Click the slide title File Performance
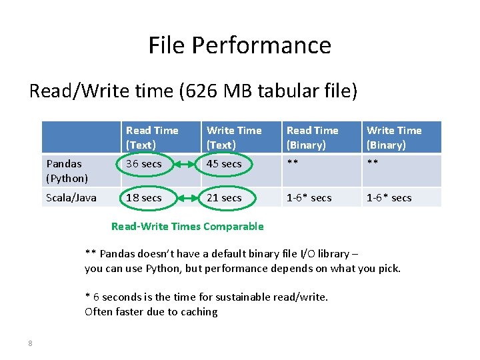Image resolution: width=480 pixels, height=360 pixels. tap(239, 45)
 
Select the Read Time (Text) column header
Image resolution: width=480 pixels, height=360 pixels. tap(152, 137)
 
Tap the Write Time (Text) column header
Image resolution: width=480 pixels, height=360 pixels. tap(234, 137)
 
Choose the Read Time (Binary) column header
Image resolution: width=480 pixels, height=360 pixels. tap(313, 137)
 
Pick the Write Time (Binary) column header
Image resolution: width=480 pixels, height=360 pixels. tap(394, 137)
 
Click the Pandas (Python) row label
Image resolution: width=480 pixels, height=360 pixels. tap(67, 171)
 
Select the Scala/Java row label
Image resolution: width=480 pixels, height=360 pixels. tap(71, 197)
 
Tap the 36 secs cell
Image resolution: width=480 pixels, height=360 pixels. tap(143, 164)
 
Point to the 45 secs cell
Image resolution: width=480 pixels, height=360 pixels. tap(224, 164)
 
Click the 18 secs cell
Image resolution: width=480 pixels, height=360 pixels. tap(143, 198)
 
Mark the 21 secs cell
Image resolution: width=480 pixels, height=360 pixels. tap(224, 198)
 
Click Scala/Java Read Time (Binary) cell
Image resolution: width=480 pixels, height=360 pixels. tap(309, 198)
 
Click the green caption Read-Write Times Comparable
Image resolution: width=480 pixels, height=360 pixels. tap(187, 226)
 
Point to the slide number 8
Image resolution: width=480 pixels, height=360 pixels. tap(30, 343)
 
